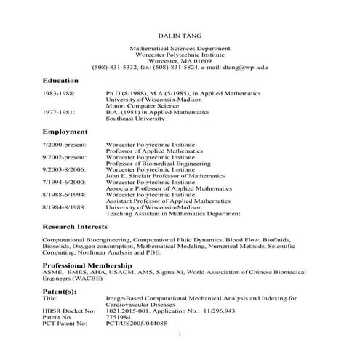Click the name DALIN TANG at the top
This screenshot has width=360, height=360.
179,34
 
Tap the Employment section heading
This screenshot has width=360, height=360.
65,132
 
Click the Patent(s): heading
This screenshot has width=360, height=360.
61,291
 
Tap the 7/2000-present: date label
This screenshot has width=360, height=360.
65,145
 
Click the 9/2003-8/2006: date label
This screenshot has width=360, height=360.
65,168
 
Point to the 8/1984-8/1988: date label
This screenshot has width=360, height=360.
65,208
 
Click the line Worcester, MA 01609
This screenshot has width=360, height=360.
179,61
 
